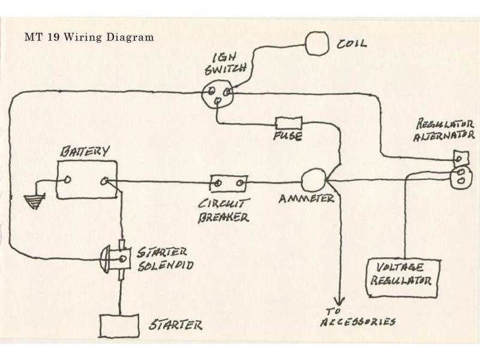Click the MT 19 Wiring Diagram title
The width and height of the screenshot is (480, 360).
click(89, 37)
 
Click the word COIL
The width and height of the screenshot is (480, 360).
click(353, 44)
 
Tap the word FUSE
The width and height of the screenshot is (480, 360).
click(288, 137)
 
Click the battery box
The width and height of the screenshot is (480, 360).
click(86, 179)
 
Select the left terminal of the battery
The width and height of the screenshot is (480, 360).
click(68, 179)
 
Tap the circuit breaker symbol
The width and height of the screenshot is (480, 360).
click(228, 181)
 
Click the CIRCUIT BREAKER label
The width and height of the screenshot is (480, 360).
click(224, 210)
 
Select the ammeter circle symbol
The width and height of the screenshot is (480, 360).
click(312, 179)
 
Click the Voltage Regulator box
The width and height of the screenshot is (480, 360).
click(403, 277)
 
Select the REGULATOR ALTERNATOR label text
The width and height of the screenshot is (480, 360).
click(445, 131)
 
